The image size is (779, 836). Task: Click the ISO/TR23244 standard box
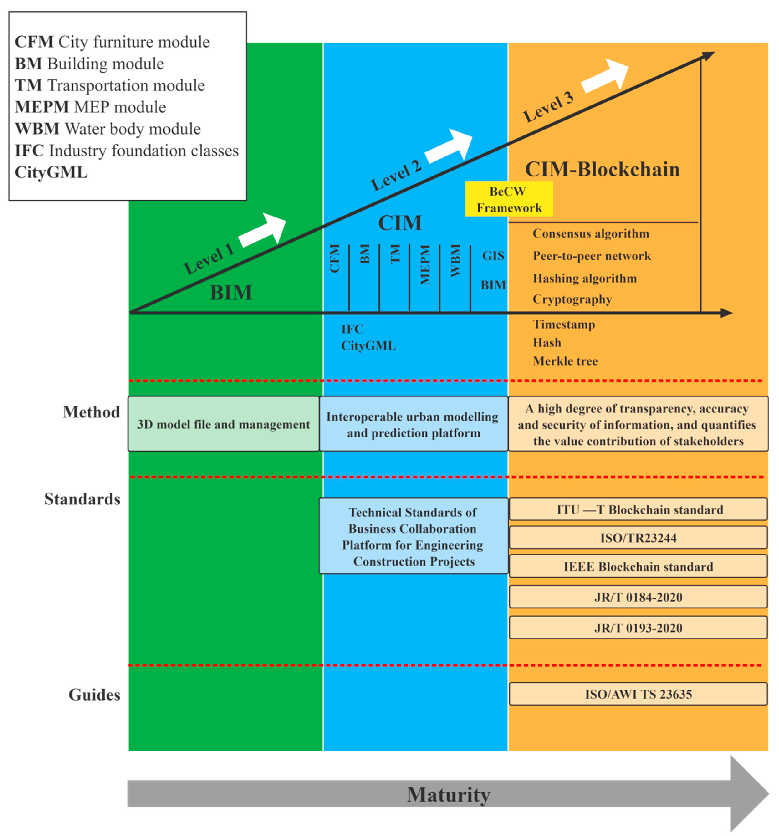[638, 537]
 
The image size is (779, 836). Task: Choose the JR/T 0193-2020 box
[638, 627]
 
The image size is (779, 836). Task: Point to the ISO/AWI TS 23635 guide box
[638, 694]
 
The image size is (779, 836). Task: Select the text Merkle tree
[564, 361]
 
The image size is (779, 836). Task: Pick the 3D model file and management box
[223, 424]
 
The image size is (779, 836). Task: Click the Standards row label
[82, 499]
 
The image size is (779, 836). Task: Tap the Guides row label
[94, 694]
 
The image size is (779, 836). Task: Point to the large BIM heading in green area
[231, 292]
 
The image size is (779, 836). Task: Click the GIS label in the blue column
[493, 255]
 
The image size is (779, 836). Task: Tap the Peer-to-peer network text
[591, 256]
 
